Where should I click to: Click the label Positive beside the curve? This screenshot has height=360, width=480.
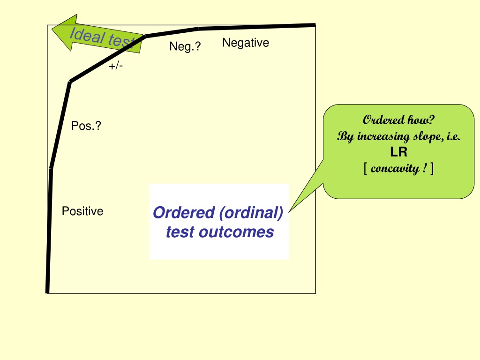tap(82, 211)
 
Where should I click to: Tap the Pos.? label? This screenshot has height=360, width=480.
tap(86, 126)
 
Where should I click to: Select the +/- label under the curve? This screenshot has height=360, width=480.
tap(116, 66)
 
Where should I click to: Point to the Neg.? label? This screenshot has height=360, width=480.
tap(185, 46)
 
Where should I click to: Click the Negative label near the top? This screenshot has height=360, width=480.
tap(246, 43)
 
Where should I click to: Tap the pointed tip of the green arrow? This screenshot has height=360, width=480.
tap(52, 29)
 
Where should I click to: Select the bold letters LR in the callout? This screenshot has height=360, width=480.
tap(398, 152)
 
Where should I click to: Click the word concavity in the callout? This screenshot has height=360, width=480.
tap(395, 168)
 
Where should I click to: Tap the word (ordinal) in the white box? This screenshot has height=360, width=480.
tap(251, 212)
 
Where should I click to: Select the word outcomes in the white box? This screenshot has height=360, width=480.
tap(236, 232)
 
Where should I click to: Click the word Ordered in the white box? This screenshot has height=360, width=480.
tap(184, 212)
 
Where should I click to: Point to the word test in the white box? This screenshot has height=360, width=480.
tap(180, 232)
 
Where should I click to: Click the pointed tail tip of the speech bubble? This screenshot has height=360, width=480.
tap(289, 211)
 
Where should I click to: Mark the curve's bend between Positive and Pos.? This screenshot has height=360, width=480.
tap(51, 168)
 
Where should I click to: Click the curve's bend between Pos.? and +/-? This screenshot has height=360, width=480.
tap(70, 82)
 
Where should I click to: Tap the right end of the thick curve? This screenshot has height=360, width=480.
tap(315, 25)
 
